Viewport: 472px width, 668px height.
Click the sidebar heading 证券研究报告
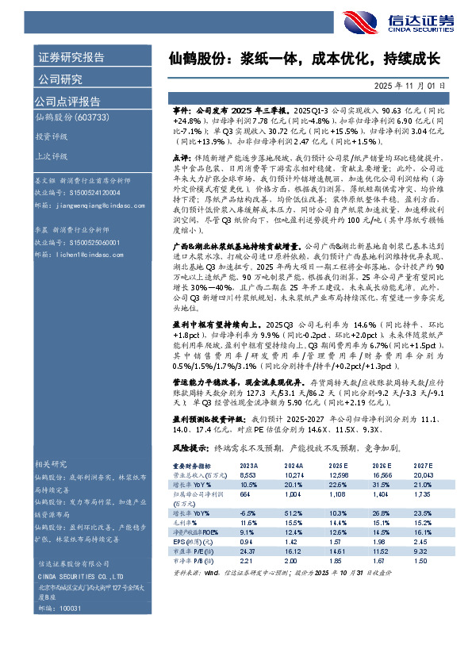71,57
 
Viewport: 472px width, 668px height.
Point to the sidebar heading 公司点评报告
67,101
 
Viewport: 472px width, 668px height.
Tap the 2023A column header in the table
249,466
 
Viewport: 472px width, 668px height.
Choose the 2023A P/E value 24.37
248,550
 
